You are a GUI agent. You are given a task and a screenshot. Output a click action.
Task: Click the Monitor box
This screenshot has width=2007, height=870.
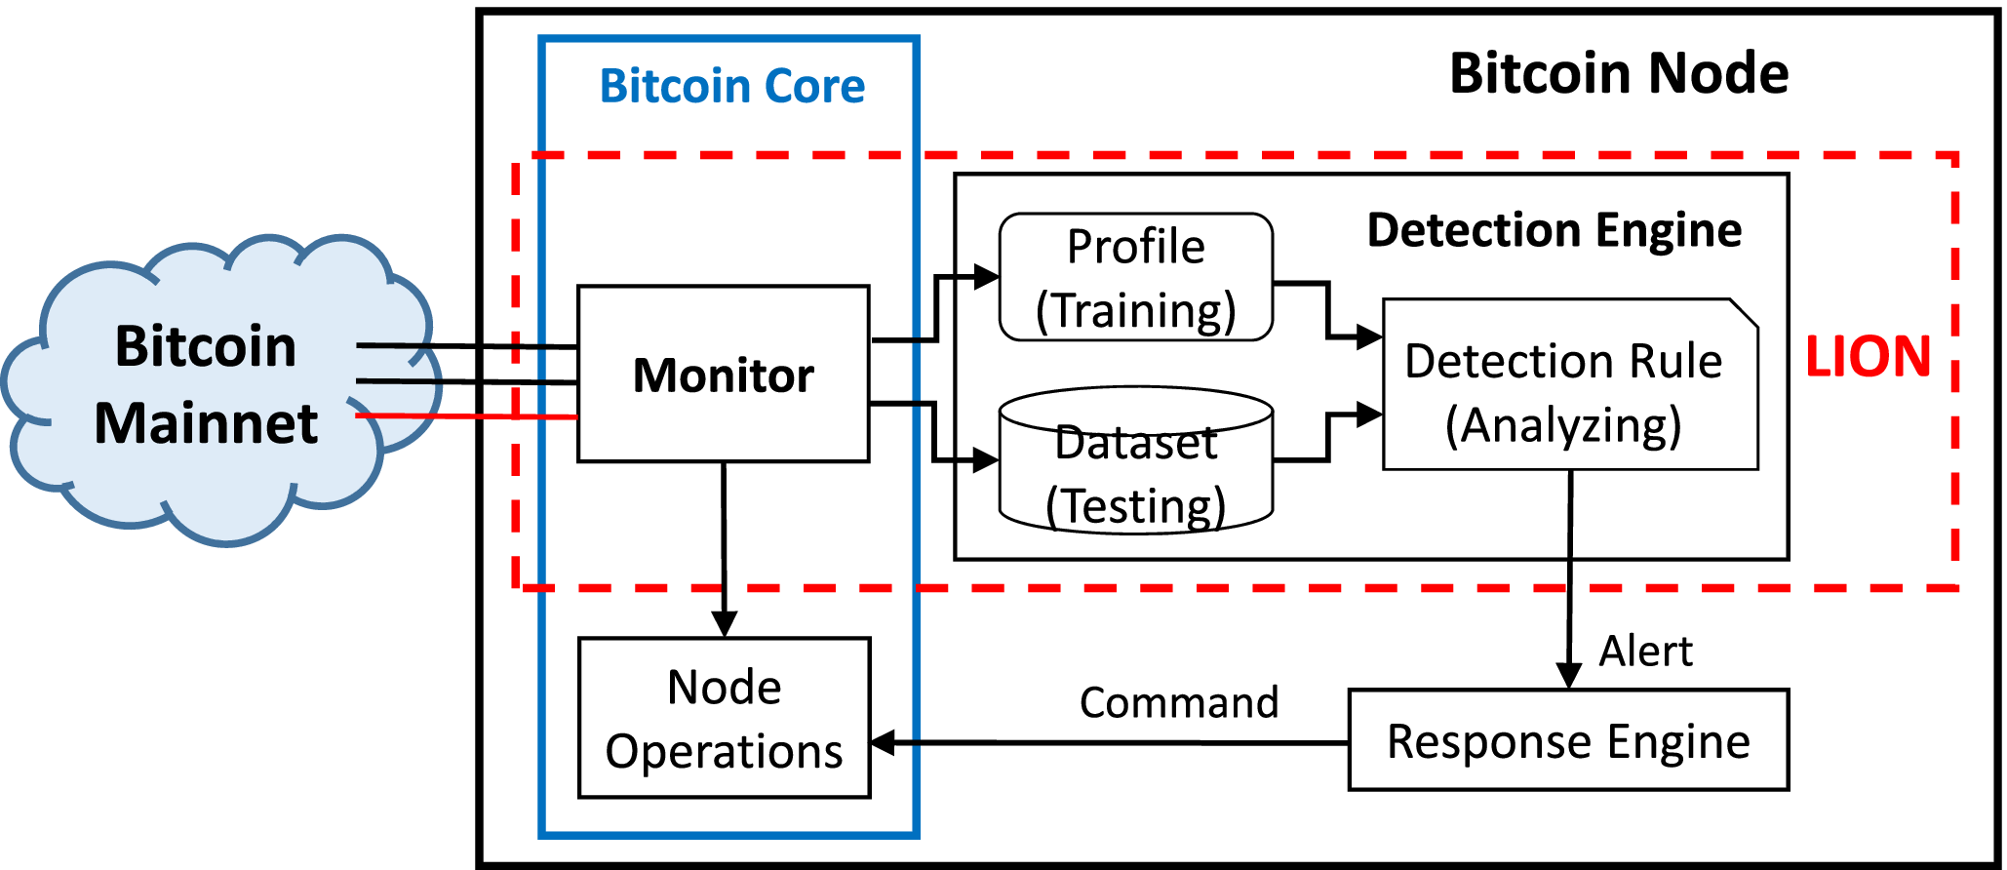point(723,375)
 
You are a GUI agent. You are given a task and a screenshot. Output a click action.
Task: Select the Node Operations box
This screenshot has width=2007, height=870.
point(724,719)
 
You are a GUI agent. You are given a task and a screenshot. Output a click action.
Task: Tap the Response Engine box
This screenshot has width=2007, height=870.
point(1568,741)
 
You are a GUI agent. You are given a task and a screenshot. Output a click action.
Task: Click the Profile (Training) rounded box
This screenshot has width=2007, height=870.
point(1135,278)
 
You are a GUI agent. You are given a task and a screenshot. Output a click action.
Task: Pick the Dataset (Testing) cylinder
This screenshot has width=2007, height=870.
point(1135,468)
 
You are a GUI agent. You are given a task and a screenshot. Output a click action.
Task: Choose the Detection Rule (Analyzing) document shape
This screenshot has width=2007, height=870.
point(1564,390)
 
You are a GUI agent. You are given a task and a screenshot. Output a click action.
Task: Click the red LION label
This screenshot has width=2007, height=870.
point(1867,357)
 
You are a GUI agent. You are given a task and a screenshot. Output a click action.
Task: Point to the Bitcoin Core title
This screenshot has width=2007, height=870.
point(731,86)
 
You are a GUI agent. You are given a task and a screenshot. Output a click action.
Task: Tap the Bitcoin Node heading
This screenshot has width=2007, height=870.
point(1618,73)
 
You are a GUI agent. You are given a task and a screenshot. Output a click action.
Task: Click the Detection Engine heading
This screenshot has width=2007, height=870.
point(1554,230)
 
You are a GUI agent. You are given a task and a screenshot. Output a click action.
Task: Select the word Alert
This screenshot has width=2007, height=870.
point(1645,651)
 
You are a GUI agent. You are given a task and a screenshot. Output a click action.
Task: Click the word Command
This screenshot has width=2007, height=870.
point(1178,702)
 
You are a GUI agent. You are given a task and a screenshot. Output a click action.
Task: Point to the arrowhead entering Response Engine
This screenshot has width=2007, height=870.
point(1568,675)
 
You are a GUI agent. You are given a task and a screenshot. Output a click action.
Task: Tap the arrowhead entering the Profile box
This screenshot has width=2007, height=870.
point(987,277)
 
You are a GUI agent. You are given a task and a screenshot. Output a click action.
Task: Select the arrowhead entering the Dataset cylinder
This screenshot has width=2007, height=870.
point(986,459)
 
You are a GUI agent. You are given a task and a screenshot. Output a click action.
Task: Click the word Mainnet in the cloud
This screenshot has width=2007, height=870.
point(206,423)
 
